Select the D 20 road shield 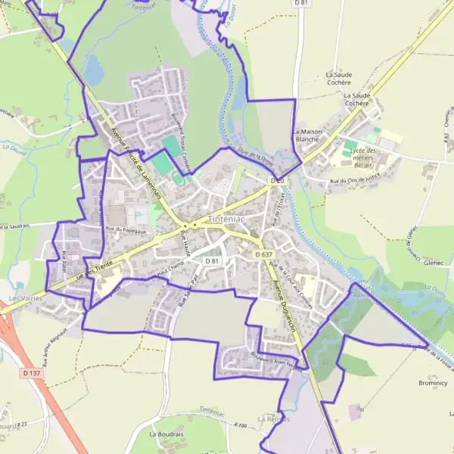(x=277, y=182)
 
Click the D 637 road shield (x=263, y=255)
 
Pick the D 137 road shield (x=31, y=373)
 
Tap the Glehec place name (x=434, y=264)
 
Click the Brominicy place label (x=433, y=384)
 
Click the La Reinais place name (x=273, y=418)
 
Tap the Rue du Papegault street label (x=124, y=229)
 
